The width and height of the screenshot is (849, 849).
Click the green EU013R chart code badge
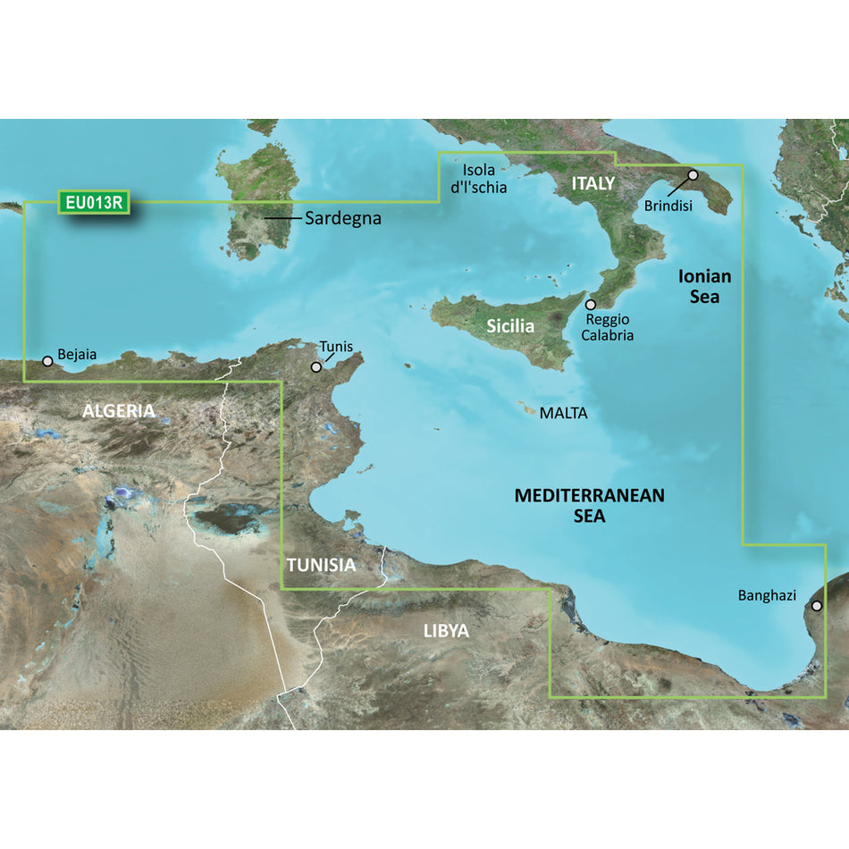93,203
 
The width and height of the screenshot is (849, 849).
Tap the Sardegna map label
343,218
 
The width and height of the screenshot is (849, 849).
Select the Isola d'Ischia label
483,179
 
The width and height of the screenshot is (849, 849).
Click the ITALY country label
593,183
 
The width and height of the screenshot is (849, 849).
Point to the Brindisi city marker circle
693,175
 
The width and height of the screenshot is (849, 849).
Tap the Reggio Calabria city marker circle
590,305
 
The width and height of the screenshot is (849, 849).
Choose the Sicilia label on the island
510,326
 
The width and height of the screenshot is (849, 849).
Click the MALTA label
563,413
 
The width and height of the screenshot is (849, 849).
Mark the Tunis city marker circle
315,367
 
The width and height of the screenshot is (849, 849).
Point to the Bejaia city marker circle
47,362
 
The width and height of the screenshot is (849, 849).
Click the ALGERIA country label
119,411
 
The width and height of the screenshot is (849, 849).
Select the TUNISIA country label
321,565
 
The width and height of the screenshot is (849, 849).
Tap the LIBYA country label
446,631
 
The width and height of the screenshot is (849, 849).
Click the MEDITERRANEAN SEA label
590,505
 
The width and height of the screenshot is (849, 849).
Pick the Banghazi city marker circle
816,606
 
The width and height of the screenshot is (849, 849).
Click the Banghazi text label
767,595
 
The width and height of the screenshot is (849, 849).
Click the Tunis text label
336,347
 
